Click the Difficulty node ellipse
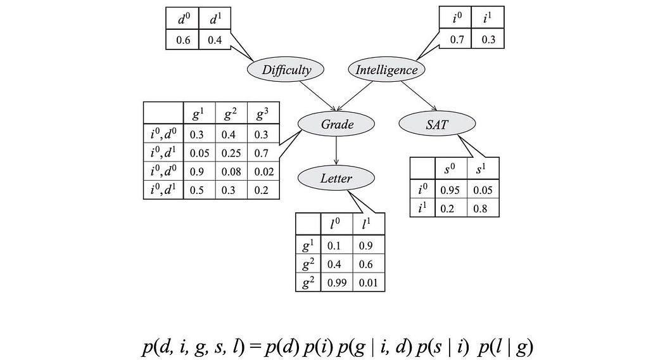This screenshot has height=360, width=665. pos(287,70)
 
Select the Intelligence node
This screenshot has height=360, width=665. pos(386,70)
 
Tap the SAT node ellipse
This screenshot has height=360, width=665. pos(436,125)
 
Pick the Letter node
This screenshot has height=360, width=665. pos(336,178)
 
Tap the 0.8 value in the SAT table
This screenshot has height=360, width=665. pos(481,208)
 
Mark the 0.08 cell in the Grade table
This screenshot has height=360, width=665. pos(231,171)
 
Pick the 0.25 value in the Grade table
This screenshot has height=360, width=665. pos(231,153)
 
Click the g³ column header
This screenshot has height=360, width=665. pos(262,114)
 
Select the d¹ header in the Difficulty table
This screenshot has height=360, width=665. pos(215,20)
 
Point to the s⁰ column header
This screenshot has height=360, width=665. pos(451,169)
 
